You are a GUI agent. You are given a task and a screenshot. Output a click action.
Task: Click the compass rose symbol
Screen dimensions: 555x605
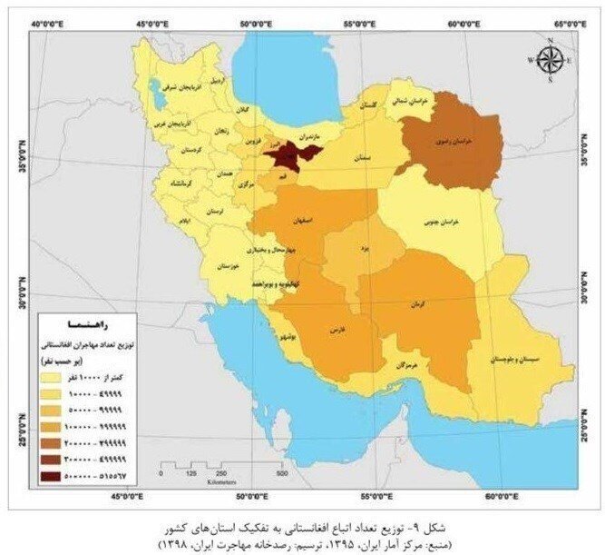[x=549, y=60]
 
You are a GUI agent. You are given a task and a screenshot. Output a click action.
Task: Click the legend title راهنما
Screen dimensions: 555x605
[x=85, y=323]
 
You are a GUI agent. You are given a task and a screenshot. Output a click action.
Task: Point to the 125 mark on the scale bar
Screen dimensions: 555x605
[x=191, y=474]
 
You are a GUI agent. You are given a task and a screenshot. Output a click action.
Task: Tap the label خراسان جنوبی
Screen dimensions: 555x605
[x=439, y=222]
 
